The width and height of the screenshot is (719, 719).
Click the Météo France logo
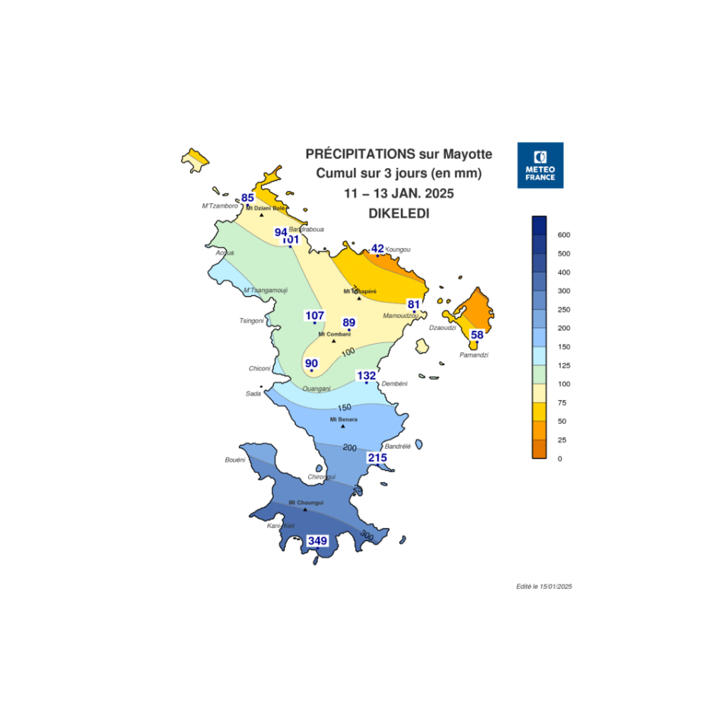pos(539,165)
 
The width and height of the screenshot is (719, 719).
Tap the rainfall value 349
pos(317,541)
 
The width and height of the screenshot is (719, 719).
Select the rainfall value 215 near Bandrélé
pos(377,458)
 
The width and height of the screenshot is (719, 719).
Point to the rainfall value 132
pos(367,376)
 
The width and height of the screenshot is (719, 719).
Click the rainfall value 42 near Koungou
pos(377,249)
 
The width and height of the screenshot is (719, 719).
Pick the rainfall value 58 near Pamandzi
pos(477,335)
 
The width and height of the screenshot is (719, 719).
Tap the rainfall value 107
pos(315,316)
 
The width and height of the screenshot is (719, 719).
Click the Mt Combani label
pos(334,334)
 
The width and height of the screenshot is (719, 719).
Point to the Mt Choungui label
pos(306,502)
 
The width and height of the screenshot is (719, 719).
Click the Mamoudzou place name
pos(401,316)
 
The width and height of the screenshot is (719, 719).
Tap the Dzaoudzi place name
pos(442,328)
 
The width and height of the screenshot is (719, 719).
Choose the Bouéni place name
pos(235,460)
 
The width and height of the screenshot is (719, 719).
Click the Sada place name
pos(253,393)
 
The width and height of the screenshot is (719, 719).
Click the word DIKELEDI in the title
pos(399,215)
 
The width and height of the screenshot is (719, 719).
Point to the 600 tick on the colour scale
pos(564,235)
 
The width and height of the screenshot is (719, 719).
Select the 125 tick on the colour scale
pos(564,365)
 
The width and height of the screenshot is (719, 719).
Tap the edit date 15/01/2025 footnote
pos(543,587)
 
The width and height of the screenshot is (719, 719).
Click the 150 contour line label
pos(344,408)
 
